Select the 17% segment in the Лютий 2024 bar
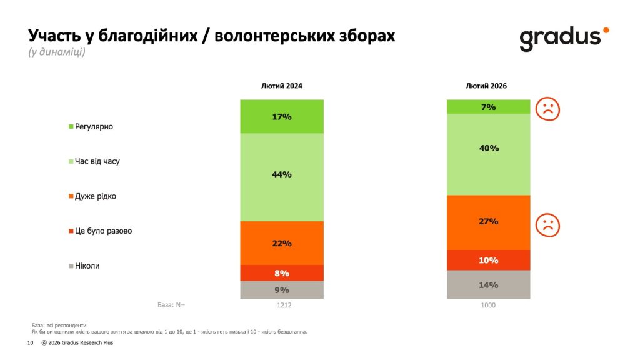click(282, 116)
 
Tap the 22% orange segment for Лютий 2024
click(282, 243)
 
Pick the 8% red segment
click(282, 273)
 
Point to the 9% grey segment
click(282, 290)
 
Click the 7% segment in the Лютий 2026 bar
click(488, 107)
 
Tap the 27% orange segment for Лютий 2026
click(488, 222)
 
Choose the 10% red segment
click(488, 260)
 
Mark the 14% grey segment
click(488, 285)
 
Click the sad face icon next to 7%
click(547, 109)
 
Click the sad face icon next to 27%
click(547, 225)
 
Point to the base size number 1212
click(282, 306)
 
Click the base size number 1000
click(488, 306)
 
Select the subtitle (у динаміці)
click(57, 52)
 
